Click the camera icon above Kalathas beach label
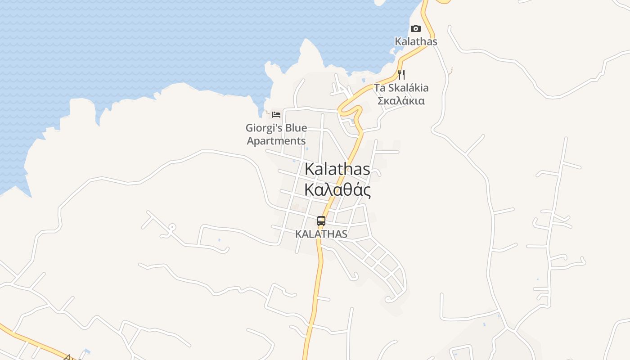tap(415, 29)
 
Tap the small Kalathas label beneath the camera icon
tap(416, 41)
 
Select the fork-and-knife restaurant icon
tap(401, 75)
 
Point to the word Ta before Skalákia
tap(379, 88)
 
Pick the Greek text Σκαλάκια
tap(400, 100)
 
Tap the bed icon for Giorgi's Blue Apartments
tap(276, 115)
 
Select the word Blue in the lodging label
tap(296, 128)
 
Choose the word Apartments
tap(276, 141)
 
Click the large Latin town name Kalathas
tap(337, 169)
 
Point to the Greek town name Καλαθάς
tap(337, 190)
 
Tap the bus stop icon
tap(321, 221)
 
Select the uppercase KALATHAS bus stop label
tap(321, 234)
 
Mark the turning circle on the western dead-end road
tap(172, 227)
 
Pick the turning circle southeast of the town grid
tap(388, 299)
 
